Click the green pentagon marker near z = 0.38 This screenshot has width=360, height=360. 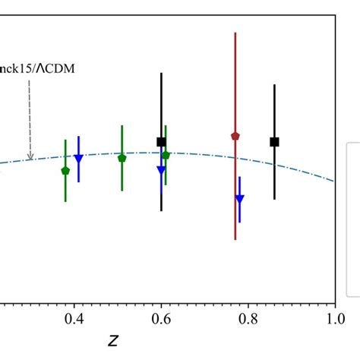point(65,171)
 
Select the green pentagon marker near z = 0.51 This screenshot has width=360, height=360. point(122,158)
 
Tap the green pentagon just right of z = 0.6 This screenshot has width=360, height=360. point(166,155)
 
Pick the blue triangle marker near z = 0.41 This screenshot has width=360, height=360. point(78,158)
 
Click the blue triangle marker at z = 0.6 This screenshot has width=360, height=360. point(161,170)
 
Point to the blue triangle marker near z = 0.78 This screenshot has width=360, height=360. point(239,199)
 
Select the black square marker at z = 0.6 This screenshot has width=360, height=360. point(161,142)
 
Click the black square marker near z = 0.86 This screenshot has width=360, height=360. point(274,142)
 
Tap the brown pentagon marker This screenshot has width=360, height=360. point(235,136)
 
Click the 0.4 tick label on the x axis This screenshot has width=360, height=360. point(74,320)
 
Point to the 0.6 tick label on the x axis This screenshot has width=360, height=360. point(161,320)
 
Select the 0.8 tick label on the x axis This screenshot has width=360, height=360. point(248,320)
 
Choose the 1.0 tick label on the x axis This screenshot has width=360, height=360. point(334,320)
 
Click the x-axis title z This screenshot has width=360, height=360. point(114,340)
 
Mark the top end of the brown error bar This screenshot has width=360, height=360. point(235,33)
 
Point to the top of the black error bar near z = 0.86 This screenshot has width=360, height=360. point(274,85)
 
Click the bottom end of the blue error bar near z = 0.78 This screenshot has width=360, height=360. point(239,222)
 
